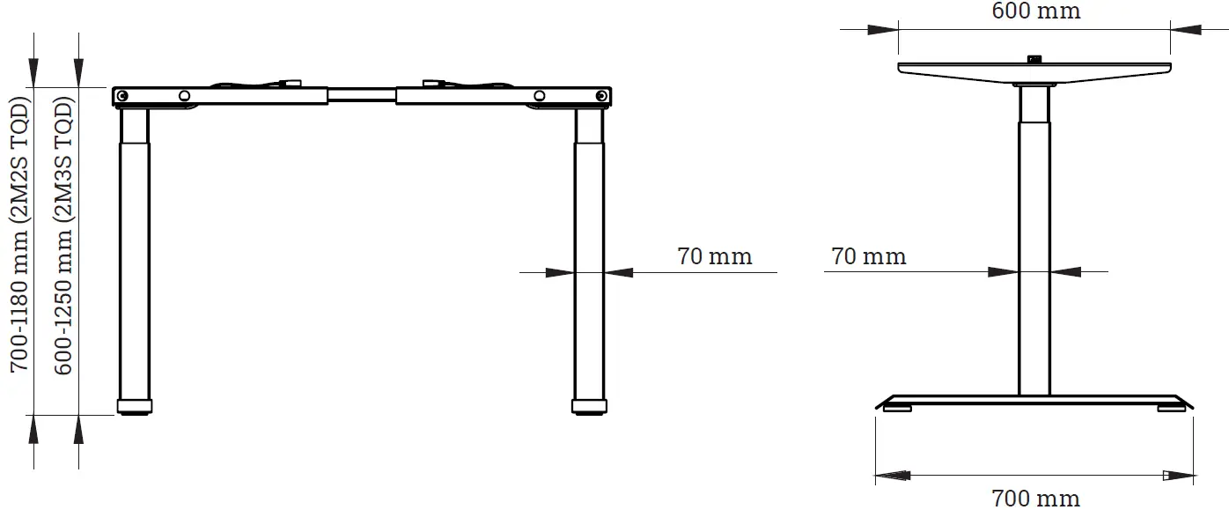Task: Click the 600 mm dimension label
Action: (x=1035, y=11)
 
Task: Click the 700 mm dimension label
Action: (x=1035, y=499)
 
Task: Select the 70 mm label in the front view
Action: (x=714, y=256)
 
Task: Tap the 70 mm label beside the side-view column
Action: (x=868, y=256)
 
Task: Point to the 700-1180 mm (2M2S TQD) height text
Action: (x=20, y=236)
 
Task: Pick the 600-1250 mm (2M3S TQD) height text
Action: (x=64, y=236)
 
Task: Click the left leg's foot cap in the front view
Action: (x=134, y=407)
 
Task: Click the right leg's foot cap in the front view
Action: (x=589, y=407)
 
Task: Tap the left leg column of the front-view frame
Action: (x=134, y=264)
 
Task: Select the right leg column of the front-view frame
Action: (x=589, y=264)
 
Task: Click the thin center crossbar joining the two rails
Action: (x=362, y=93)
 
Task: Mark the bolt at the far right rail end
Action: (x=601, y=95)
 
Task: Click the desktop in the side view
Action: (x=1035, y=69)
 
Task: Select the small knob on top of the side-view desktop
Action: (x=1034, y=59)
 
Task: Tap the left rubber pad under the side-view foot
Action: (x=898, y=407)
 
